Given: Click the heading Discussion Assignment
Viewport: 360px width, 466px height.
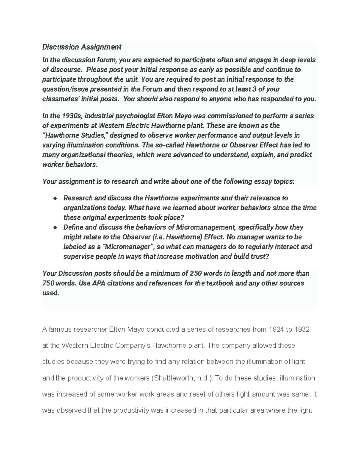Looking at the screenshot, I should coord(82,47).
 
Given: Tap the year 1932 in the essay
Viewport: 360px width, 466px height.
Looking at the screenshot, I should coord(302,330).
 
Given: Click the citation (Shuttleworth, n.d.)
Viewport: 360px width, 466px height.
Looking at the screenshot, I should coord(181,378).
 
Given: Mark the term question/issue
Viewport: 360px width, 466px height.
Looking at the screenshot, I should coord(63,89).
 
